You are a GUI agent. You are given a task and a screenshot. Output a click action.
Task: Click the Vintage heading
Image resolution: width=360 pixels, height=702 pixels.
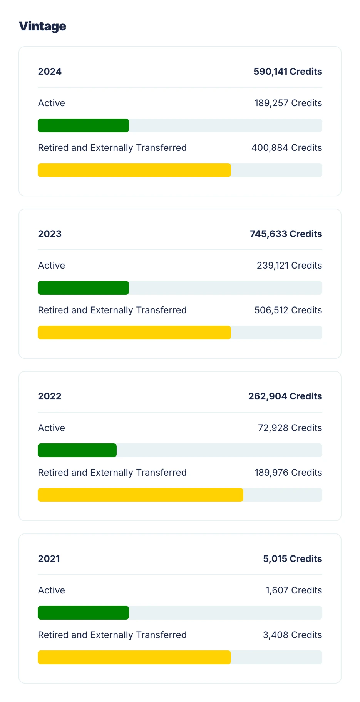pos(42,26)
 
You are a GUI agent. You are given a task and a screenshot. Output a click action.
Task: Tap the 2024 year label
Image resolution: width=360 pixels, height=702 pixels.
pos(50,72)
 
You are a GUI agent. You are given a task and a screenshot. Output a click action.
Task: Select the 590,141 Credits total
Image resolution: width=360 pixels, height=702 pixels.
pos(288,72)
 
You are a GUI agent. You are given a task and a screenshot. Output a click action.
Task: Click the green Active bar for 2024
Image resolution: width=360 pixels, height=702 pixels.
pos(83,125)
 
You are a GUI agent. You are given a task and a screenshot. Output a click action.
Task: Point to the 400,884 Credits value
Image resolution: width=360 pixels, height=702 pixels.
pos(286,148)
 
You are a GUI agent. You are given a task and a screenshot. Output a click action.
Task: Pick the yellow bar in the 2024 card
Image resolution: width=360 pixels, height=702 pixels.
pos(134,170)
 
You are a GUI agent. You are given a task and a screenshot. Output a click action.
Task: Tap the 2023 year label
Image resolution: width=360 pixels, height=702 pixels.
pos(50,234)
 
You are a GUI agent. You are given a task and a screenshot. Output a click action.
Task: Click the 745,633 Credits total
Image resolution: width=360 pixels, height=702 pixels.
pos(286,234)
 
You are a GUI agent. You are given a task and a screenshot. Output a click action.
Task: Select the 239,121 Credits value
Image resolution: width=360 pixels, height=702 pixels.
pos(289,266)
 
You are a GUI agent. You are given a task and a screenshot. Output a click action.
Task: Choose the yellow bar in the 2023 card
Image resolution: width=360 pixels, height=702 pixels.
pos(134,333)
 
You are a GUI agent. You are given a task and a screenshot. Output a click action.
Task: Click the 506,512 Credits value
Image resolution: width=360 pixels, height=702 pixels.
pos(288,310)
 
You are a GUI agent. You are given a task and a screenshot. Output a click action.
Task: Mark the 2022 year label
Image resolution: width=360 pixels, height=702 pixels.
pos(50,396)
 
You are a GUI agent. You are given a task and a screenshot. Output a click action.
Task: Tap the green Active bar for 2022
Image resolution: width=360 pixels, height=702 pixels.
pos(77,450)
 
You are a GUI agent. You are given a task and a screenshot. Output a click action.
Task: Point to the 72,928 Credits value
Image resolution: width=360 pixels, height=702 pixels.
pos(290,428)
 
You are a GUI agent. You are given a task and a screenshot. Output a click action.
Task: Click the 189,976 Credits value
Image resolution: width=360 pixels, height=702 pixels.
pos(288,473)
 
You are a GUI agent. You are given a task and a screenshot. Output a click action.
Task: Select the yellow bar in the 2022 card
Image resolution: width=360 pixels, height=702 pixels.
pos(141,495)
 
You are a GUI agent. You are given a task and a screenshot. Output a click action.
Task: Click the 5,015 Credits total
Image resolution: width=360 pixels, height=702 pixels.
pos(292,559)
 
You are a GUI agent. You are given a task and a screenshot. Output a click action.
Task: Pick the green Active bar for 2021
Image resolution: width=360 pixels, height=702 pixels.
pos(83,613)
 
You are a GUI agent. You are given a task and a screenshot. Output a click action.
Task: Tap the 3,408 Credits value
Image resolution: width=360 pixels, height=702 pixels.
pos(292,635)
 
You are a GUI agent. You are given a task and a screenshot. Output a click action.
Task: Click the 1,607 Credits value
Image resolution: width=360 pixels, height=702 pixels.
pos(293,590)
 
